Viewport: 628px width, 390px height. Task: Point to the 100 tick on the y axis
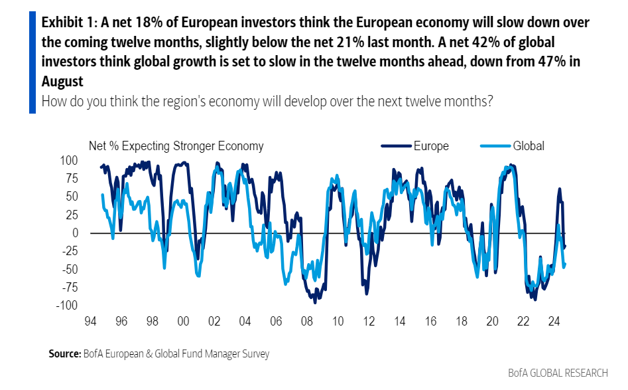(x=70, y=160)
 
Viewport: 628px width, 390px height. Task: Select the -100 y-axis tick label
(x=67, y=305)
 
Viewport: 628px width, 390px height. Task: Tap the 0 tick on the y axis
(x=75, y=233)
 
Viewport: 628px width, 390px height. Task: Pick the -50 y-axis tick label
(x=70, y=269)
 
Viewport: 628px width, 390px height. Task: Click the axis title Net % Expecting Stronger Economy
(x=176, y=146)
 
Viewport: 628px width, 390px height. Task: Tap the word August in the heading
(x=62, y=82)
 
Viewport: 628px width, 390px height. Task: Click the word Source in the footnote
(x=64, y=354)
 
